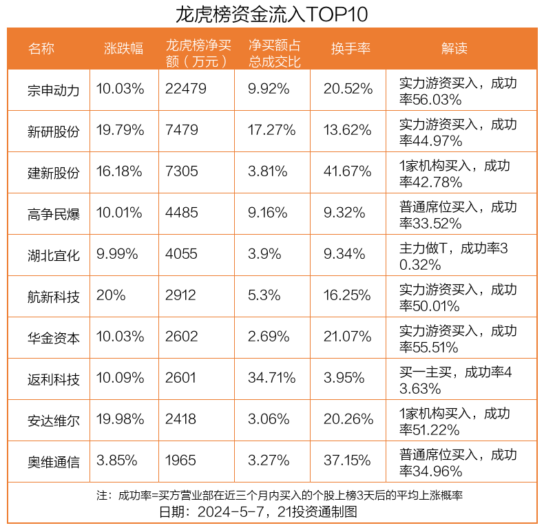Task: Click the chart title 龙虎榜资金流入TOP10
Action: tap(272, 14)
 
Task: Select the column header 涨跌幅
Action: tap(124, 49)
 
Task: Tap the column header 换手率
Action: tap(351, 49)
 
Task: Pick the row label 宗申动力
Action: tap(54, 90)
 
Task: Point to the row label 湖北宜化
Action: tap(54, 255)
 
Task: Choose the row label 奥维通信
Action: tap(54, 461)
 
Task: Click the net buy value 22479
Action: tap(186, 89)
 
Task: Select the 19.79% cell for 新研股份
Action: tap(121, 130)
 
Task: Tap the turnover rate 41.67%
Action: tap(348, 171)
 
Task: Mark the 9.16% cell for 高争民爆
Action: tap(268, 213)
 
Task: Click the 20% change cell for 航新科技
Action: tap(111, 295)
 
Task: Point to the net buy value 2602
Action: tap(181, 337)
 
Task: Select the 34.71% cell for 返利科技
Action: tap(272, 378)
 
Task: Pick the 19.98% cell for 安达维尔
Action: tap(121, 419)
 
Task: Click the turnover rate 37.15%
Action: tap(348, 460)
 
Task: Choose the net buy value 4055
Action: tap(181, 254)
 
